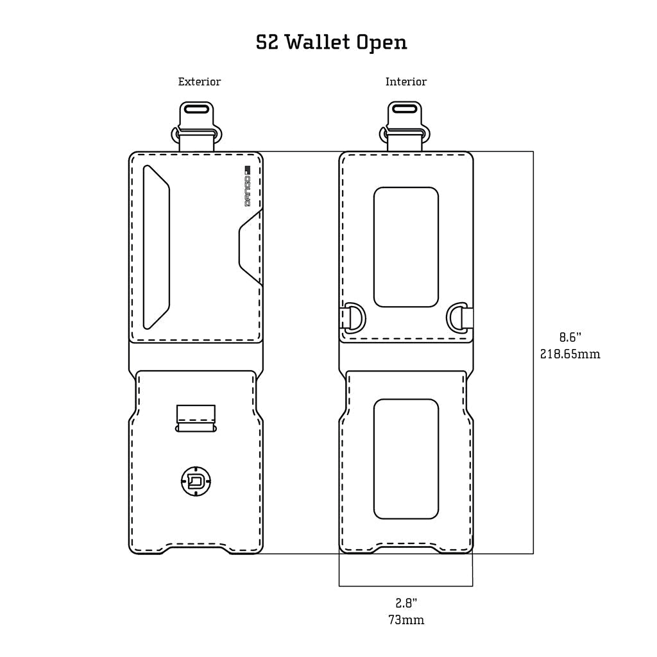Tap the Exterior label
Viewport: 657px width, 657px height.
200,81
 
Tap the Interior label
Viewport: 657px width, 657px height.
405,81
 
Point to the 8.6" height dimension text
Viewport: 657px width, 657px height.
570,337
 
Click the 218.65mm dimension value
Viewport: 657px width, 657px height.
570,354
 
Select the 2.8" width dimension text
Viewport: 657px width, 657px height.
406,603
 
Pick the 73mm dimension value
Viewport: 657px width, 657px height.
406,620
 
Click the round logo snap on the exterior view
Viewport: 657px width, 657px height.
196,481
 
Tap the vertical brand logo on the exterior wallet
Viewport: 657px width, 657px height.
248,186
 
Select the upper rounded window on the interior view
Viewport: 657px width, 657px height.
406,247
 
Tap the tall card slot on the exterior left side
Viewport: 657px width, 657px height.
156,247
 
